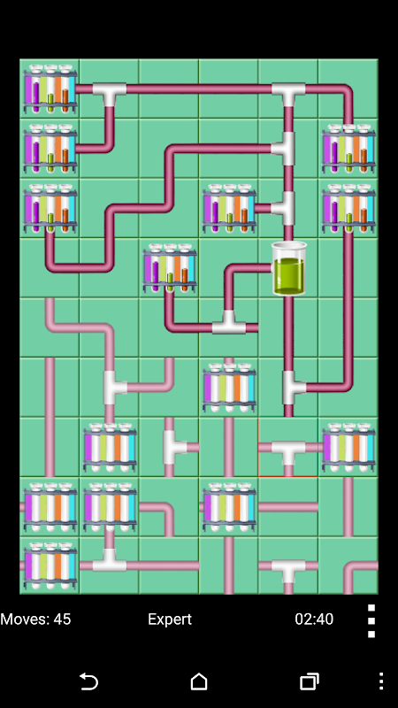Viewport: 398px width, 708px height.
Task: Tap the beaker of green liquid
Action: pyautogui.click(x=289, y=268)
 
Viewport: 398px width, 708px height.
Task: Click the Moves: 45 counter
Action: pyautogui.click(x=35, y=619)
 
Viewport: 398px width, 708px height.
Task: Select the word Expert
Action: pyautogui.click(x=170, y=619)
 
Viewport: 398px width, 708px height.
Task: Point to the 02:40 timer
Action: pyautogui.click(x=314, y=619)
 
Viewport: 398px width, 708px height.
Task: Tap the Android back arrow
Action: pyautogui.click(x=89, y=681)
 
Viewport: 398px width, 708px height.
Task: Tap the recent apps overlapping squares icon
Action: pyautogui.click(x=310, y=681)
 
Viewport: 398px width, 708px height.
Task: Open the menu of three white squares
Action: pyautogui.click(x=371, y=621)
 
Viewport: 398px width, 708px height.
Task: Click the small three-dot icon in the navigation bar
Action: pyautogui.click(x=381, y=681)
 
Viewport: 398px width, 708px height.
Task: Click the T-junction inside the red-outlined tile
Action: pyautogui.click(x=288, y=451)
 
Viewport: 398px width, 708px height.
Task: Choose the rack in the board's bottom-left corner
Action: pyautogui.click(x=50, y=566)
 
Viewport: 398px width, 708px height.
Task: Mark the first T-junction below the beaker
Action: pyautogui.click(x=292, y=388)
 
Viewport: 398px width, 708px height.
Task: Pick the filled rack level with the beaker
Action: pyautogui.click(x=170, y=268)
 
